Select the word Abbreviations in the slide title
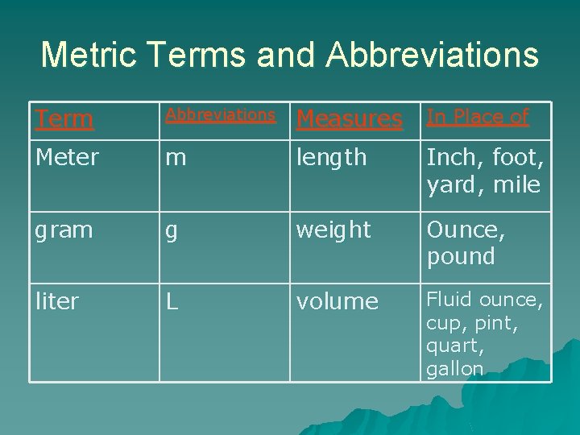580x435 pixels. tap(433, 55)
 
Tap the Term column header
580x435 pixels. tap(64, 119)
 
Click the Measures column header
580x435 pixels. tap(350, 119)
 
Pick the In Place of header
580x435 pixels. tap(478, 117)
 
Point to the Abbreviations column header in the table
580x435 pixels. tap(221, 115)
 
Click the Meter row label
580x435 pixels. tap(67, 158)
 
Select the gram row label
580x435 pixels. tap(64, 231)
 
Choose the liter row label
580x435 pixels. tap(56, 301)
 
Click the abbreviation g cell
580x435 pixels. tap(172, 231)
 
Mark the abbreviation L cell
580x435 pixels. tap(172, 301)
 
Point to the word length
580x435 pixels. tap(331, 158)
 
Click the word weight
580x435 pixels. tap(333, 230)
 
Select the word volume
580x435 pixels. tap(338, 301)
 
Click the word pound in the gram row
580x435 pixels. tap(460, 257)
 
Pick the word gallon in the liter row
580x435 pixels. tap(455, 369)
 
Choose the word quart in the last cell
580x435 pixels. tap(453, 346)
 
